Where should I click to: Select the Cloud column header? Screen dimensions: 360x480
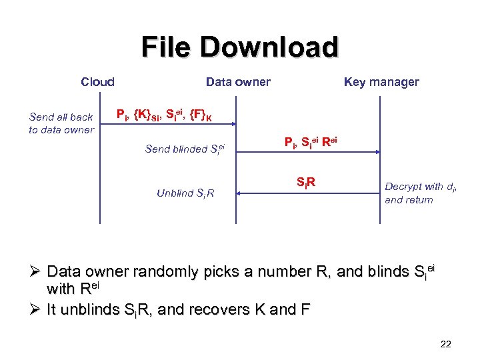pyautogui.click(x=97, y=82)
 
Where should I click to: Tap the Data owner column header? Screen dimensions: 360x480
pyautogui.click(x=238, y=82)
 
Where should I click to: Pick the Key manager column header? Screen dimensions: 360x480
pyautogui.click(x=381, y=82)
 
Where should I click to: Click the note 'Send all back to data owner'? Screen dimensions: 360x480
pyautogui.click(x=61, y=123)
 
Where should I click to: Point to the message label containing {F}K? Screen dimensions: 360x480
pyautogui.click(x=164, y=115)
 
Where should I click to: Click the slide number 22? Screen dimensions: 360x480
pyautogui.click(x=446, y=344)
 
